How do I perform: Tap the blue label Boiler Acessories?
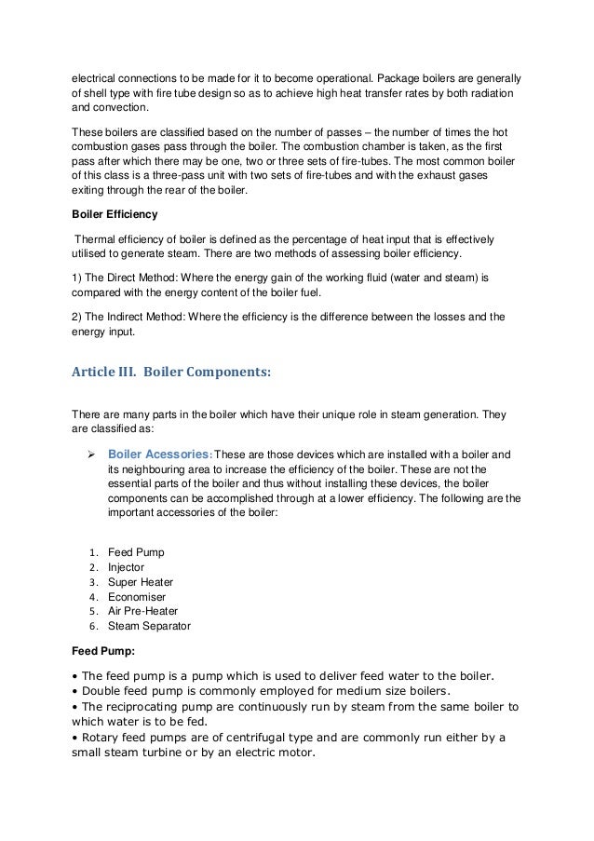159,454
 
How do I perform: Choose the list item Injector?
127,566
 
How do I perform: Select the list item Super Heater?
141,581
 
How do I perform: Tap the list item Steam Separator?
149,626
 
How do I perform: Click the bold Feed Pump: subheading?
105,652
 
